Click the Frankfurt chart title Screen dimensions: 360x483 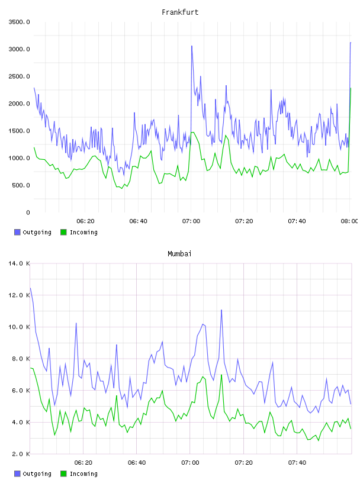180,12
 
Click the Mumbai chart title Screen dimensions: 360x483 179,254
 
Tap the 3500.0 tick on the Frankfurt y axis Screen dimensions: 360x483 19,22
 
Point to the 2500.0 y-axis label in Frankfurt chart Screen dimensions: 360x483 19,76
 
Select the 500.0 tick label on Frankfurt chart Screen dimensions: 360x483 21,185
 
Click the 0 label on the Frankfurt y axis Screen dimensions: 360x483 28,212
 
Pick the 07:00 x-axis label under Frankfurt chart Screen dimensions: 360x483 191,221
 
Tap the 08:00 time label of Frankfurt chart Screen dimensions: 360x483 349,221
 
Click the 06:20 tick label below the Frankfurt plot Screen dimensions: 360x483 85,221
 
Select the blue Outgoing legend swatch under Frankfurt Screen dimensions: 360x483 17,232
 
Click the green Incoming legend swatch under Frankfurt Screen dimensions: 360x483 63,232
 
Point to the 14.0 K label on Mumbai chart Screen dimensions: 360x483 19,263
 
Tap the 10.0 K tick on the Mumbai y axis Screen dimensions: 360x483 19,327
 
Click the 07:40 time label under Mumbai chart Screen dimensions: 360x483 297,463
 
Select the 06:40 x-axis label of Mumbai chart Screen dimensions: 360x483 137,463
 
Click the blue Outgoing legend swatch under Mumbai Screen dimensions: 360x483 17,474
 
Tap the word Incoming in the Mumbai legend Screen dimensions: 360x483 83,474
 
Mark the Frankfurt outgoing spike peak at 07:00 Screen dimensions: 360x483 192,46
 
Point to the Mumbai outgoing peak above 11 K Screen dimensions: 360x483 221,310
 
